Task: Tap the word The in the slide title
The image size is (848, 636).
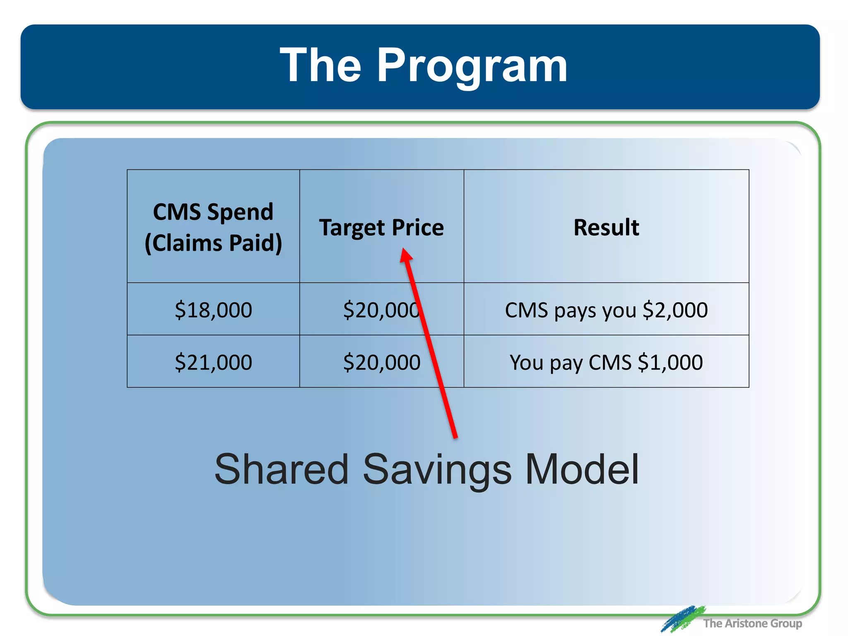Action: tap(320, 65)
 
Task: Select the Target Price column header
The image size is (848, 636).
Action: tap(381, 228)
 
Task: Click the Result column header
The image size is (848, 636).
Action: tap(606, 227)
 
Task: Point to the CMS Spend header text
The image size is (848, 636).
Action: tap(213, 212)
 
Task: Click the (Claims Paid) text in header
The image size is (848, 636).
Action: tap(213, 243)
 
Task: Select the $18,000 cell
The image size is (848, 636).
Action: tap(213, 310)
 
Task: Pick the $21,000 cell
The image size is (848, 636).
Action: tap(213, 362)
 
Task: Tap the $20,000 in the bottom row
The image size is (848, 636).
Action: tap(381, 362)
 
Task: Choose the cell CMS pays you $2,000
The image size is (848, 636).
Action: tap(606, 310)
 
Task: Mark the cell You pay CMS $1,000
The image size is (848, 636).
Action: tap(606, 362)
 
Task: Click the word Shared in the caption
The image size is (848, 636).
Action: tap(282, 469)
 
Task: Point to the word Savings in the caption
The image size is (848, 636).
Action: tap(437, 469)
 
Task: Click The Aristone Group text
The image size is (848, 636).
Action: tap(752, 623)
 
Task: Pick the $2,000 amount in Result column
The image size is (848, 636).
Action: tap(675, 310)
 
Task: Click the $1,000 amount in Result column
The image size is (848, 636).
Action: tap(670, 362)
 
